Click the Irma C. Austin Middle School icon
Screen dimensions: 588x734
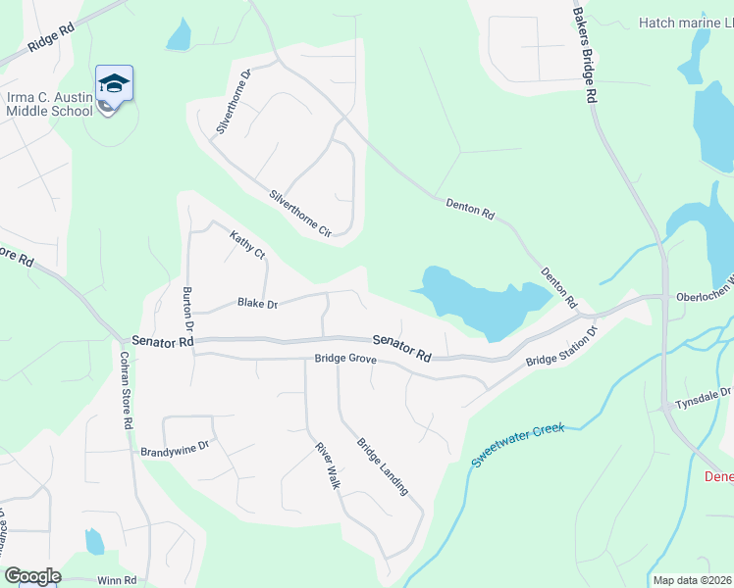coord(114,84)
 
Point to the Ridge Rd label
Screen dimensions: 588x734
coord(52,44)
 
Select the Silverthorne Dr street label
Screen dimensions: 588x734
coord(235,101)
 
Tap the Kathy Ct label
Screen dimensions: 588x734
coord(247,245)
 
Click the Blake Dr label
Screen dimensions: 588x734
coord(258,304)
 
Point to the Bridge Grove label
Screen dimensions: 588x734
coord(345,359)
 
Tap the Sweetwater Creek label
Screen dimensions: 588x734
coord(518,446)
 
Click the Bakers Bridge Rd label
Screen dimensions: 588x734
coord(585,53)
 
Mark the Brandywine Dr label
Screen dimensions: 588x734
coord(176,450)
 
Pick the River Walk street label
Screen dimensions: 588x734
coord(327,466)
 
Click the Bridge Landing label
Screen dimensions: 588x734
coord(382,465)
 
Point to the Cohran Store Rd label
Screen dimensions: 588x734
coord(126,391)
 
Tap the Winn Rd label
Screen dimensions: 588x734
coord(116,581)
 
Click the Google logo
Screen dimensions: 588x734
coord(32,576)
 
